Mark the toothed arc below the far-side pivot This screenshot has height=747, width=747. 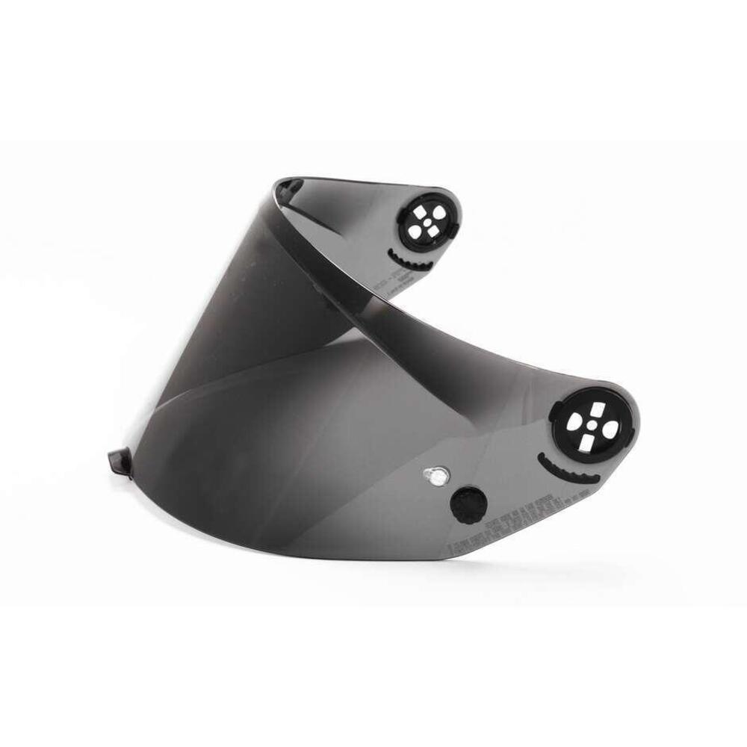(403, 255)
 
